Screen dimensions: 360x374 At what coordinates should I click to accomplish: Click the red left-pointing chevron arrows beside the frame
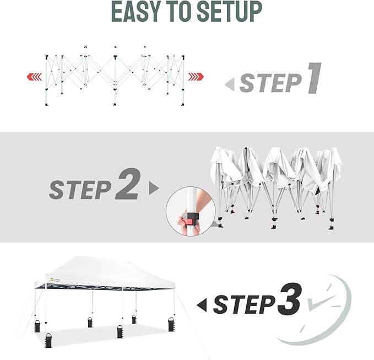(x=33, y=76)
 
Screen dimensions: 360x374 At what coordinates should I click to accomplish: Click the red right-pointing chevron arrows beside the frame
(x=194, y=76)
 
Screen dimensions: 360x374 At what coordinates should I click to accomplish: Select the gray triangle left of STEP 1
(x=230, y=84)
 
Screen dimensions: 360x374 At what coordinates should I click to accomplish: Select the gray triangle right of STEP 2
(x=154, y=189)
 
